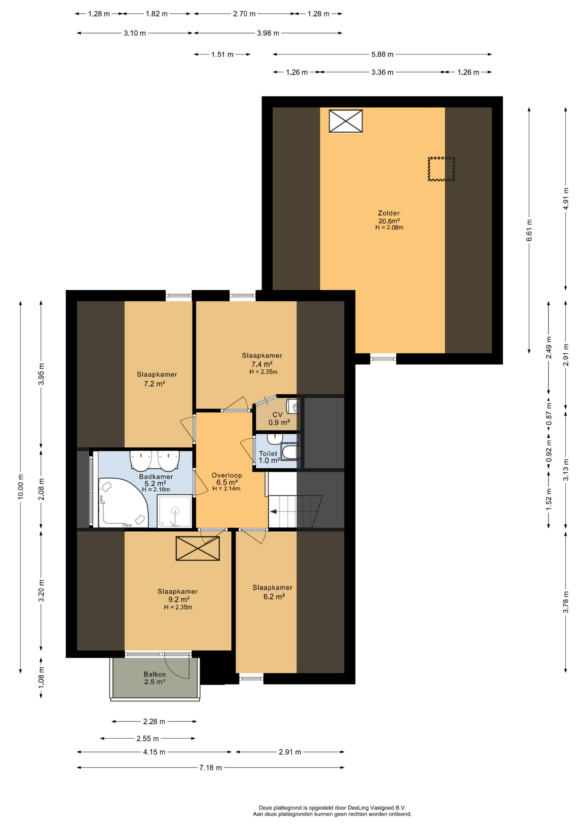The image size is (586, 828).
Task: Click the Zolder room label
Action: point(389,213)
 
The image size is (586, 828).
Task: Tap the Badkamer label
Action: point(156,477)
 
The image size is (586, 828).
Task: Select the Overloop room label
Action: point(227,475)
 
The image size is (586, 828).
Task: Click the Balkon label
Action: point(154,674)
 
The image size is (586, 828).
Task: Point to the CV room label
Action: point(277,415)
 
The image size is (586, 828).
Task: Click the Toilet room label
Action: point(268,454)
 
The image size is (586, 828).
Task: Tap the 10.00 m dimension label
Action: point(20,487)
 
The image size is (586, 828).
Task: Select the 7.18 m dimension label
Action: point(211,768)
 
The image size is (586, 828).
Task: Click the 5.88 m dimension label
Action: point(382,54)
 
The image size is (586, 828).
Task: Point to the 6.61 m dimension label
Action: point(529,231)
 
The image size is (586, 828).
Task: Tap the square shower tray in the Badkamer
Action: point(174,511)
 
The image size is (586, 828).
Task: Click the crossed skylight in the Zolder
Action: point(346,121)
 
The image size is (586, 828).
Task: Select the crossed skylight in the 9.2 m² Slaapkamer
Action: point(198,549)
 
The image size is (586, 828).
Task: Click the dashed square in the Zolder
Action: point(441,169)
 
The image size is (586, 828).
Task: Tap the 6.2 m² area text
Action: point(274,597)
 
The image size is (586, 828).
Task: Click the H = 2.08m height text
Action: point(389,227)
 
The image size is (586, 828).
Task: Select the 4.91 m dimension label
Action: point(566,199)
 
